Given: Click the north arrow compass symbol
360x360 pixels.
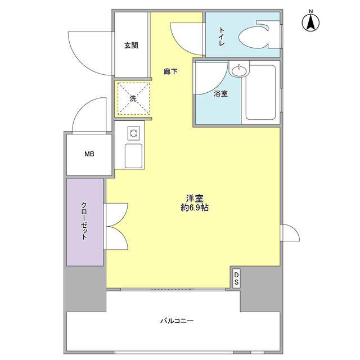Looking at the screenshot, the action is tap(310, 22).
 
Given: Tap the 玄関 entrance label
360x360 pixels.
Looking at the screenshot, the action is tap(131, 45).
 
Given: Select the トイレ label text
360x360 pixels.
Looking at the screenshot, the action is tap(222, 37).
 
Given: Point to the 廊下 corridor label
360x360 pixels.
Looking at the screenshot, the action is tap(170, 71).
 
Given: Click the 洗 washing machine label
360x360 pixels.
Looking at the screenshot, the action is tap(133, 99).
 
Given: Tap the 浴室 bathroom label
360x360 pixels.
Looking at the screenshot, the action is tap(220, 94).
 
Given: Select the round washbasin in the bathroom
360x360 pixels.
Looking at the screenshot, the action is tap(239, 70).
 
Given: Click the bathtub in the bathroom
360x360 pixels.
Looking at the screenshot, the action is tap(260, 92).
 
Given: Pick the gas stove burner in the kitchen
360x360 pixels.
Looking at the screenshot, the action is tap(134, 133).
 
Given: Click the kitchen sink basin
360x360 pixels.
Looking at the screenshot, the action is tap(133, 156).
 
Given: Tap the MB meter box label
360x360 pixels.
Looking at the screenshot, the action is tap(89, 154).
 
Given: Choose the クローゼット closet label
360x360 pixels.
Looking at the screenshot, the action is tap(84, 221).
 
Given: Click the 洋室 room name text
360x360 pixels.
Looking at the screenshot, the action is tap(195, 198).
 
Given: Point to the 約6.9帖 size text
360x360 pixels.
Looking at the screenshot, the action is tap(195, 208).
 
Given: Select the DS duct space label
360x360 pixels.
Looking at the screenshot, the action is tap(236, 278).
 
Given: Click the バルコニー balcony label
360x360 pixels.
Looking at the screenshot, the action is tap(177, 321).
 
